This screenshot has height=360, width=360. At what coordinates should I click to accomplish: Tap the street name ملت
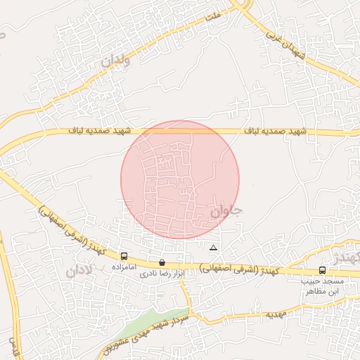(x=212, y=13)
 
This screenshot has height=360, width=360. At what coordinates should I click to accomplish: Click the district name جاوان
(x=225, y=210)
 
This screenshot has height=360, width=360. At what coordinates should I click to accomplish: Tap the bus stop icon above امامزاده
(x=124, y=257)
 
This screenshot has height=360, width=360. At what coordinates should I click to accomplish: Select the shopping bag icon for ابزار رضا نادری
(x=162, y=262)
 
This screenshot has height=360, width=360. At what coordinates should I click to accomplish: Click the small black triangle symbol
(x=213, y=247)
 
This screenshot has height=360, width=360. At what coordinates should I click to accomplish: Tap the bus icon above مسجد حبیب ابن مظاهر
(x=322, y=270)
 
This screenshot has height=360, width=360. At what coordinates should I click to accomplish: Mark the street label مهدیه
(x=274, y=314)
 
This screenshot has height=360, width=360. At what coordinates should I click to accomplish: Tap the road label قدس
(x=12, y=344)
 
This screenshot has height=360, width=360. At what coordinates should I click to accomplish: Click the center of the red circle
(x=180, y=179)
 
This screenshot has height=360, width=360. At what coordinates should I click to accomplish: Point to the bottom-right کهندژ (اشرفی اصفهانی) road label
(x=239, y=268)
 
